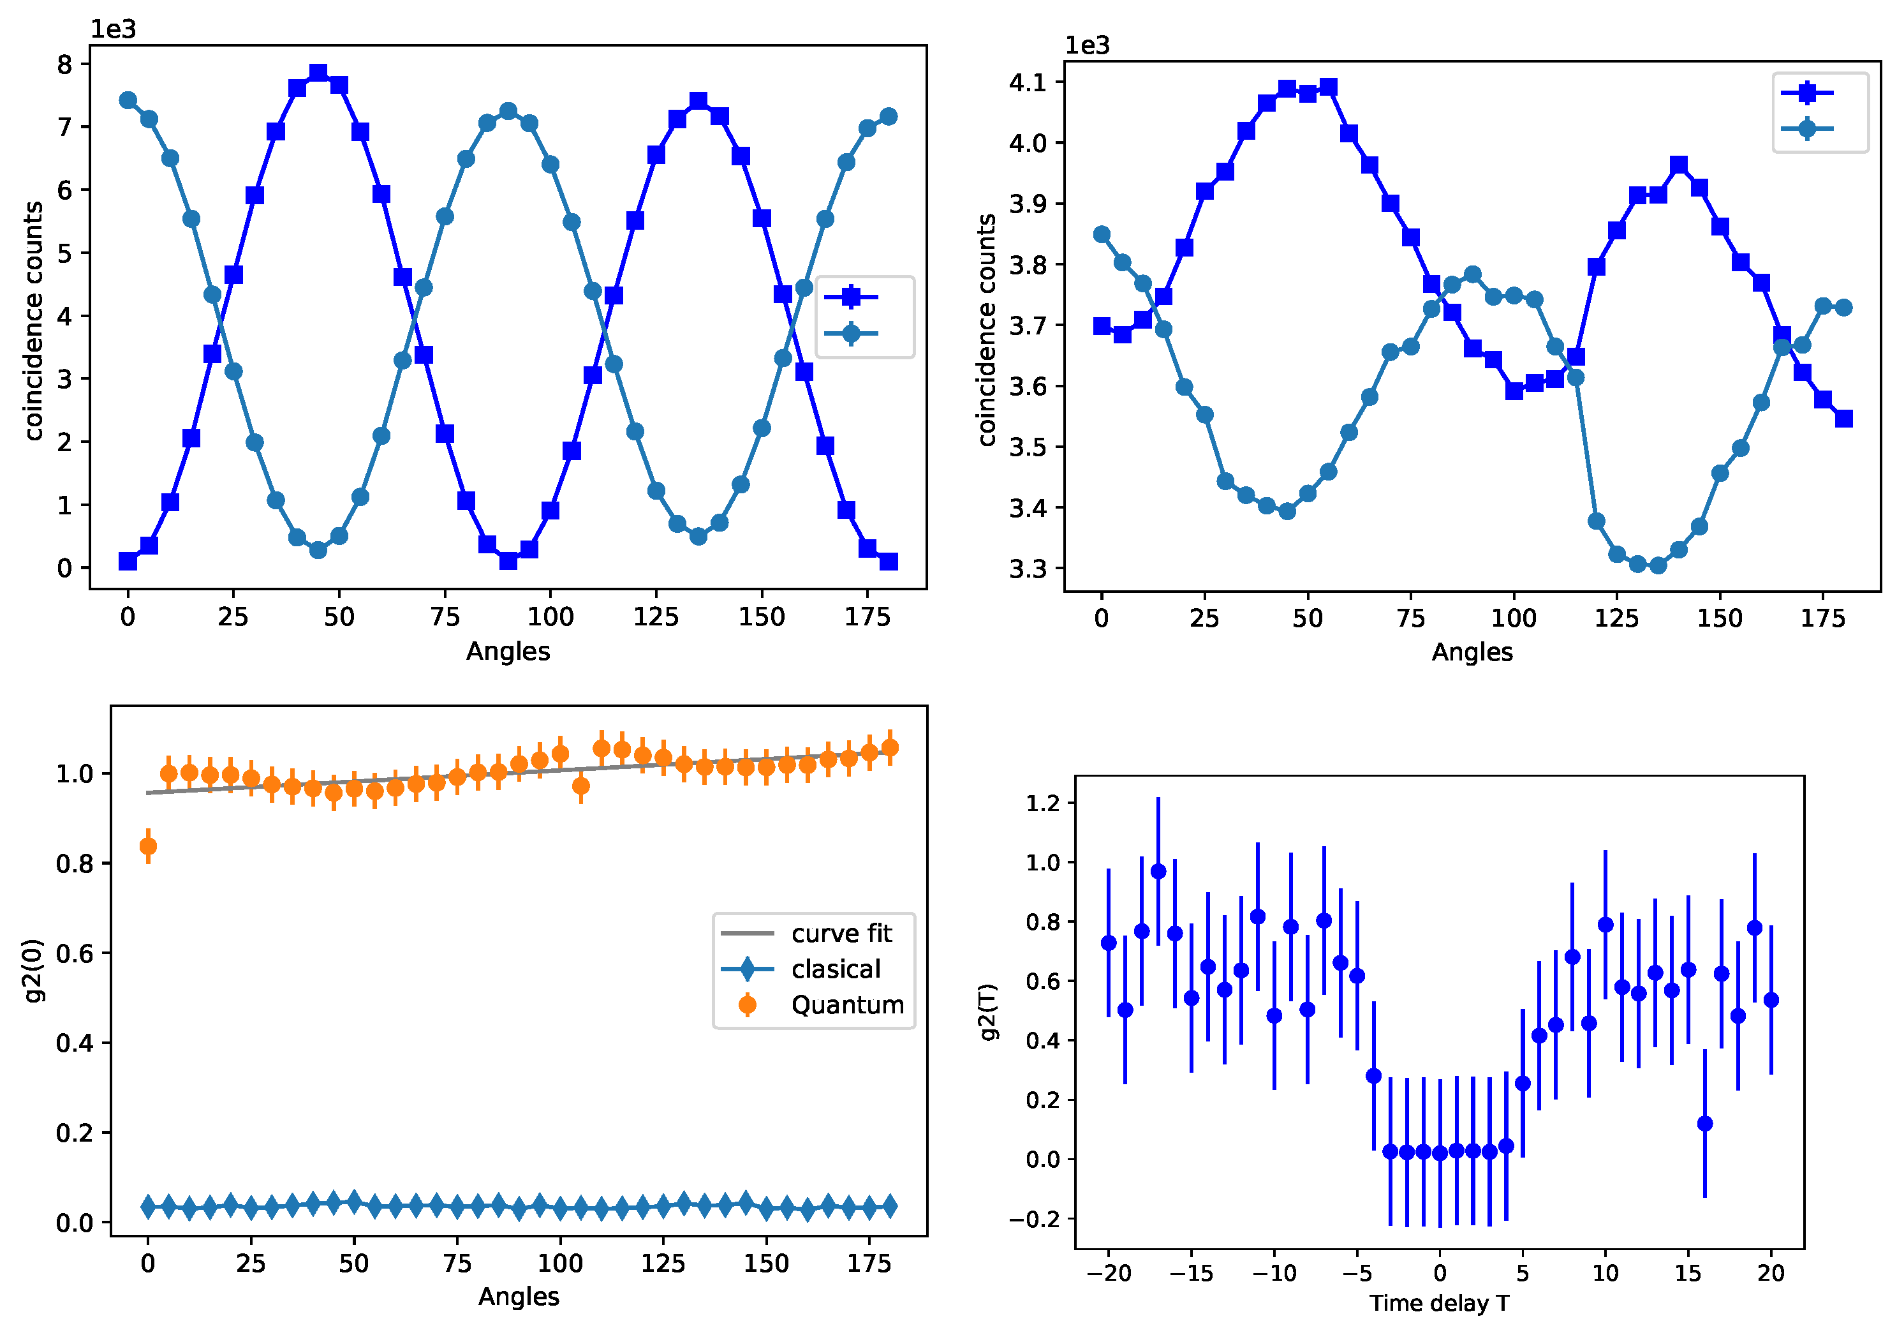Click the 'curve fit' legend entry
841,933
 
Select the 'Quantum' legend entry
847,1005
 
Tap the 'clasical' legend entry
836,969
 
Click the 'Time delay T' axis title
1438,1303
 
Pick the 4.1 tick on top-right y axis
1027,82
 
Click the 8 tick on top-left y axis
64,64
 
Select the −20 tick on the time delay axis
1108,1274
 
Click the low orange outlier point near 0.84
148,846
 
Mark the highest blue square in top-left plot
318,73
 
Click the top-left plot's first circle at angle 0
128,100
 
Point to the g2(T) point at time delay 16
1704,1124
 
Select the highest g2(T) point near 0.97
1158,872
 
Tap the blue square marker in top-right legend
1807,93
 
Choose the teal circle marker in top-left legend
850,334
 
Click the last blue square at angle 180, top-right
1843,419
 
